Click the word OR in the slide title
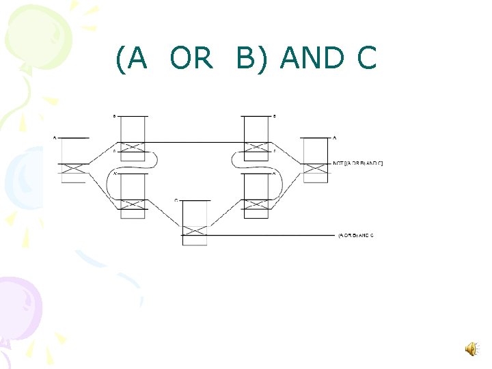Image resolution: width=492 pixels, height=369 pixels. pos(191,59)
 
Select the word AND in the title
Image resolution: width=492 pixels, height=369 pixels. pos(312,59)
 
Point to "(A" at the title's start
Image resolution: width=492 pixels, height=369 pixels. pos(132,59)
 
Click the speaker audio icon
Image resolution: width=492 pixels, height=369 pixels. pos(471,350)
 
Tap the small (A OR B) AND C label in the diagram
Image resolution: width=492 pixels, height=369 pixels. pos(356,235)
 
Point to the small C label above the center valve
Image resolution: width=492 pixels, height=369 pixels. pos(176,200)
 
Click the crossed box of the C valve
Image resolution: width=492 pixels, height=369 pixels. pos(195,230)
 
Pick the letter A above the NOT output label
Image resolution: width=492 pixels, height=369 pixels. pos(334,138)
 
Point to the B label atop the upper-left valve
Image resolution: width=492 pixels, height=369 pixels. pos(114,116)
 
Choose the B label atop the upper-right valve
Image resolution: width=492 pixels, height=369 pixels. pos(274,116)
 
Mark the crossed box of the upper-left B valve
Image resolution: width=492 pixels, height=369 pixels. pos(133,147)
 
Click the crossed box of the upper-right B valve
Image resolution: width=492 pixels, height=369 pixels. pos(256,147)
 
